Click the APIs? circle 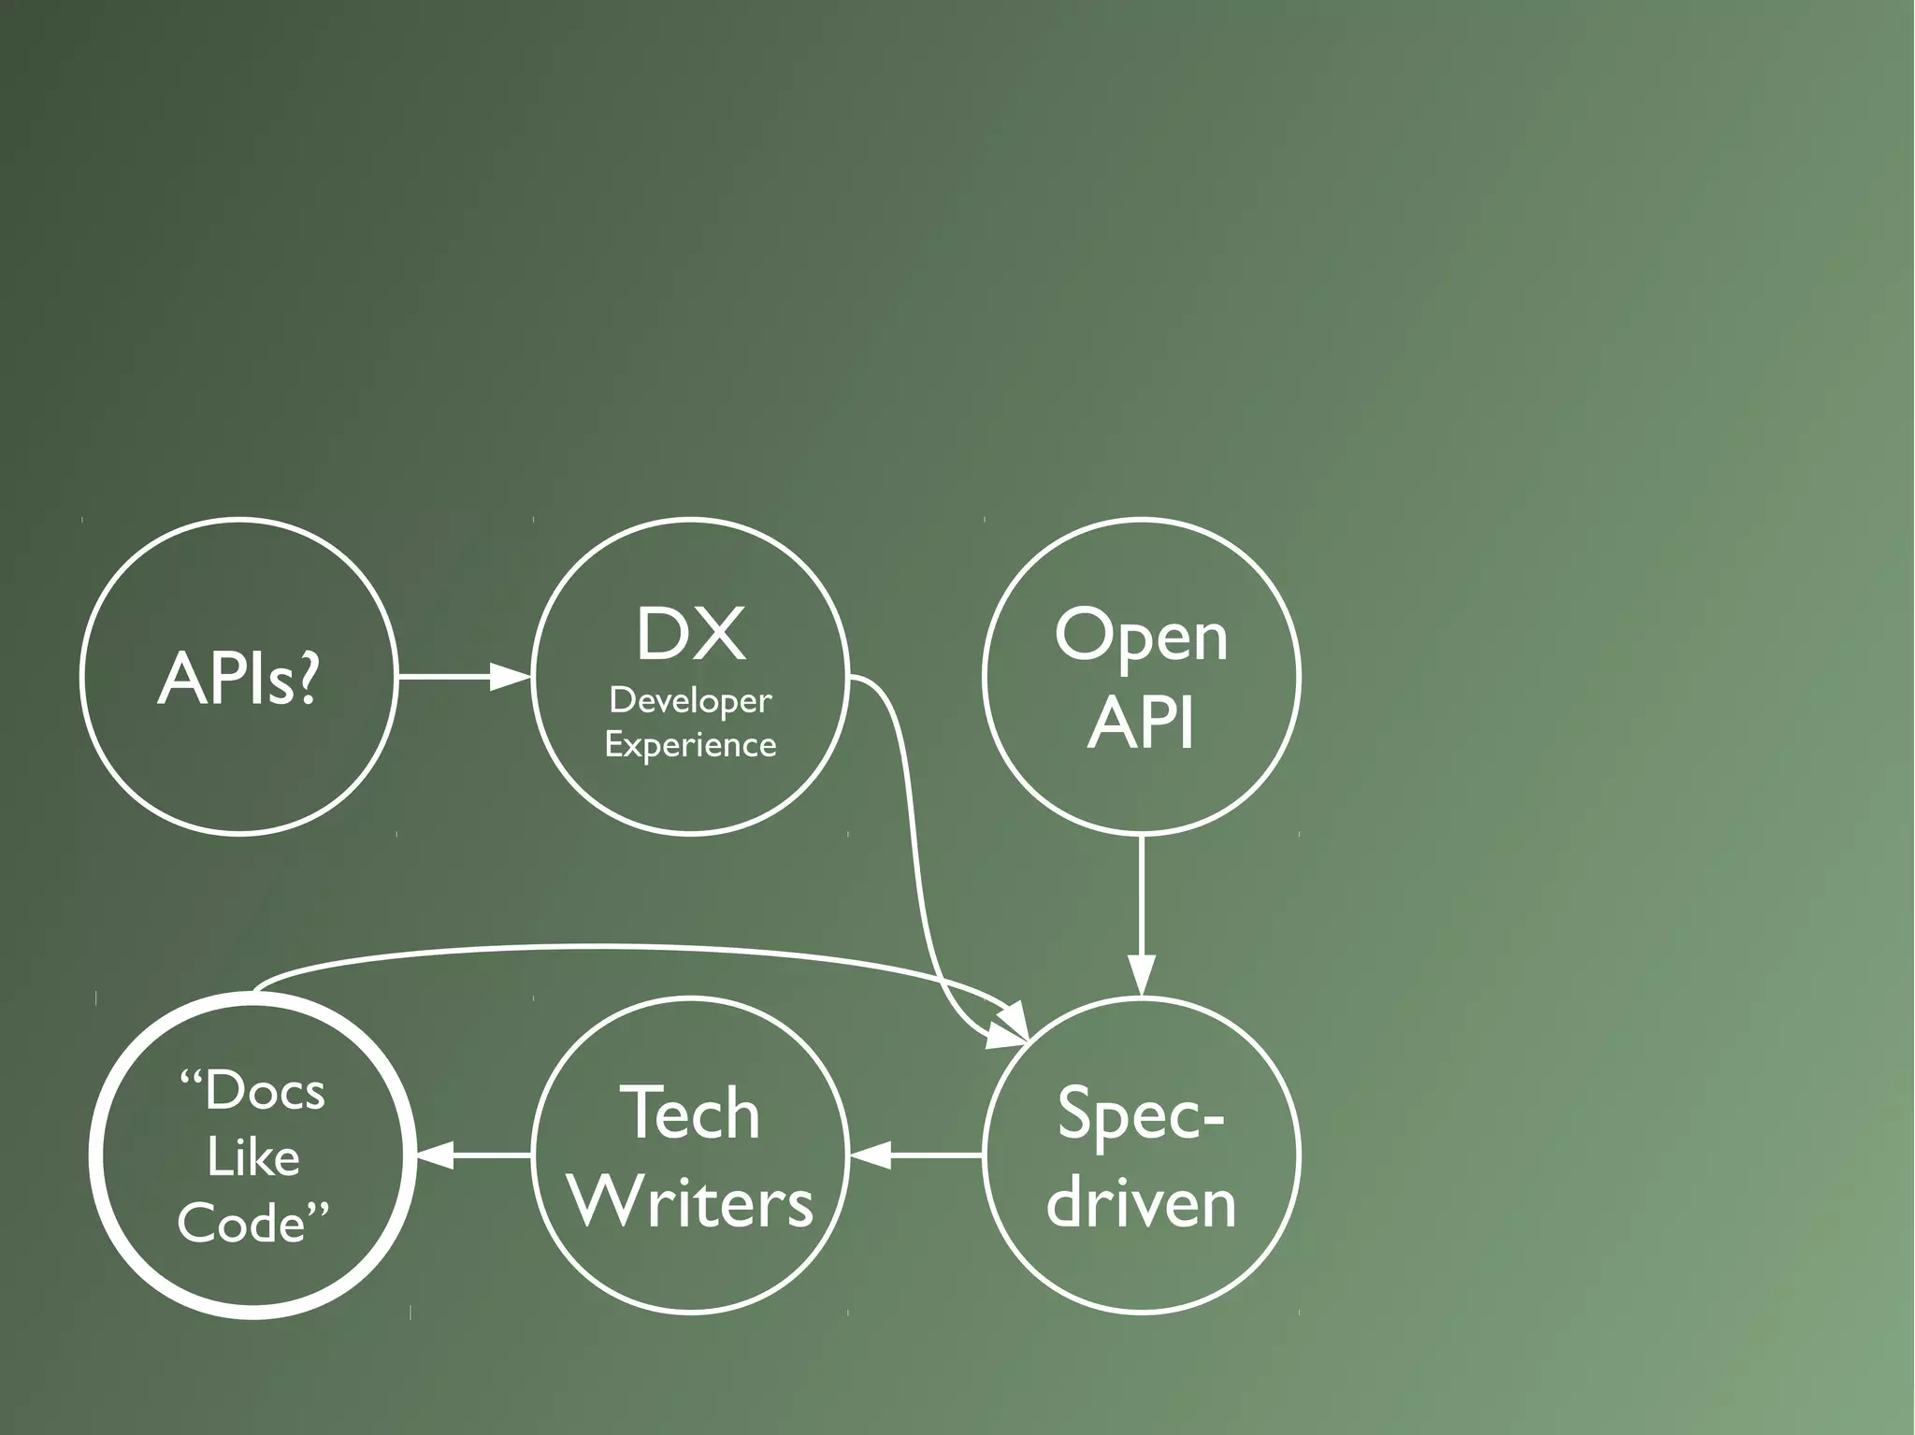tap(238, 675)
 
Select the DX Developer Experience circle tap(690, 675)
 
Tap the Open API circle tap(1141, 675)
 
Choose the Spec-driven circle tap(1141, 1155)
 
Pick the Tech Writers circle tap(690, 1155)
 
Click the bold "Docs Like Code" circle tap(252, 1155)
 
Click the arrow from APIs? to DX tap(464, 675)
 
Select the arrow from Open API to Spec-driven tap(1141, 916)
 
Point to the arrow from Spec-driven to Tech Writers tap(916, 1155)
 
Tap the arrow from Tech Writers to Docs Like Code tap(473, 1155)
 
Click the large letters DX tap(690, 635)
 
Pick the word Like tap(252, 1157)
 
